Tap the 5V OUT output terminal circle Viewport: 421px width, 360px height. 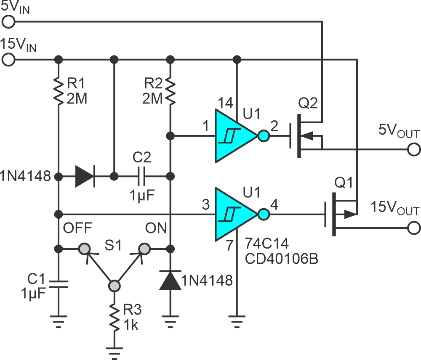point(414,149)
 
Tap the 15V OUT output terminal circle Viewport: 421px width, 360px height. point(414,228)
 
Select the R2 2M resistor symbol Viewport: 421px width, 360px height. point(170,90)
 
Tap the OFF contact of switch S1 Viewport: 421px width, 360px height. point(85,249)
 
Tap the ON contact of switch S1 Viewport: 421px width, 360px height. point(144,249)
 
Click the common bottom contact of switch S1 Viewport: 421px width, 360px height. point(113,286)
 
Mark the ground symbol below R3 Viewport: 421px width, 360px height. point(113,349)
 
